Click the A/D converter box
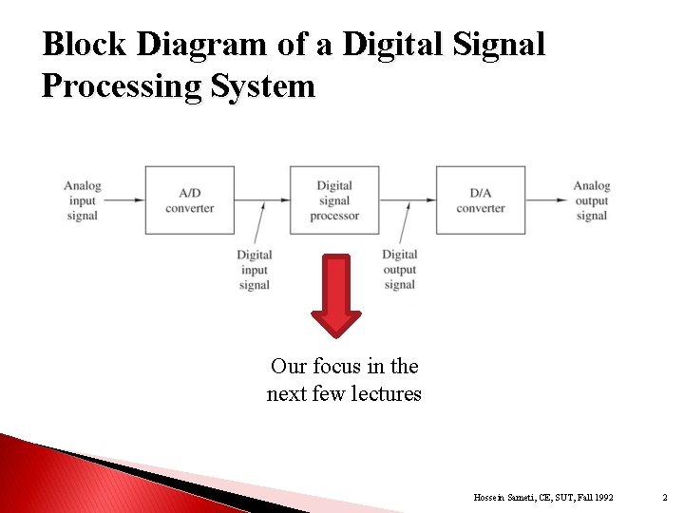[189, 200]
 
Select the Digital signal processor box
[334, 200]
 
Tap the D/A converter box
[481, 200]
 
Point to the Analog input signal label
[83, 200]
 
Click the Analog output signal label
[591, 200]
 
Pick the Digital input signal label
[255, 270]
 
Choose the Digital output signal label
[400, 270]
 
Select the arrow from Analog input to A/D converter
[123, 200]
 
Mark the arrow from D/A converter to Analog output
[548, 200]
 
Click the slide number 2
[664, 498]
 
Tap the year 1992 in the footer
[601, 498]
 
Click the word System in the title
[263, 86]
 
